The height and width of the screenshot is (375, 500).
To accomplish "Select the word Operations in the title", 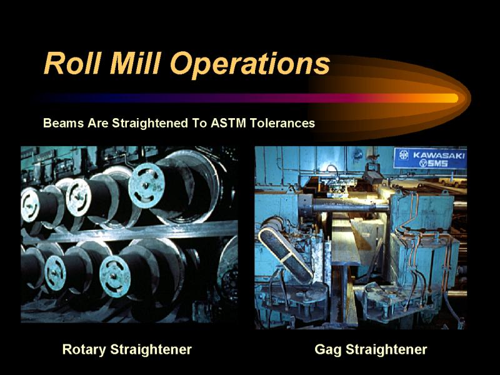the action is coord(249,65).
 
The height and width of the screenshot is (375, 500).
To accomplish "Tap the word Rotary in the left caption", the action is coord(84,350).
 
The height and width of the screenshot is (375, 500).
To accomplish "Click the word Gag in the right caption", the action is coord(329,350).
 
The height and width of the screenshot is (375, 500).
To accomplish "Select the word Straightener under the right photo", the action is coord(386,350).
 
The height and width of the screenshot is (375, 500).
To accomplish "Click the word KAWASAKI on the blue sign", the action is coord(439,155).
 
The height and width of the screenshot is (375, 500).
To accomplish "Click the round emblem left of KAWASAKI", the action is coord(404,154).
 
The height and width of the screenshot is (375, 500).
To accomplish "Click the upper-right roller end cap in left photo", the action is coord(146,186).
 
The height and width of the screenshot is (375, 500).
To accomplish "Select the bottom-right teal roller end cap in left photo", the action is coord(115,276).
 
